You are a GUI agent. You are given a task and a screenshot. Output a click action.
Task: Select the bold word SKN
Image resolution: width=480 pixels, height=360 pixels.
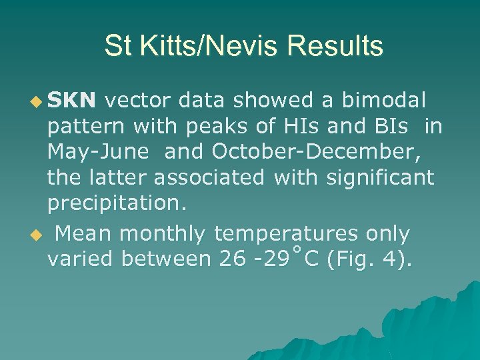(x=73, y=101)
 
